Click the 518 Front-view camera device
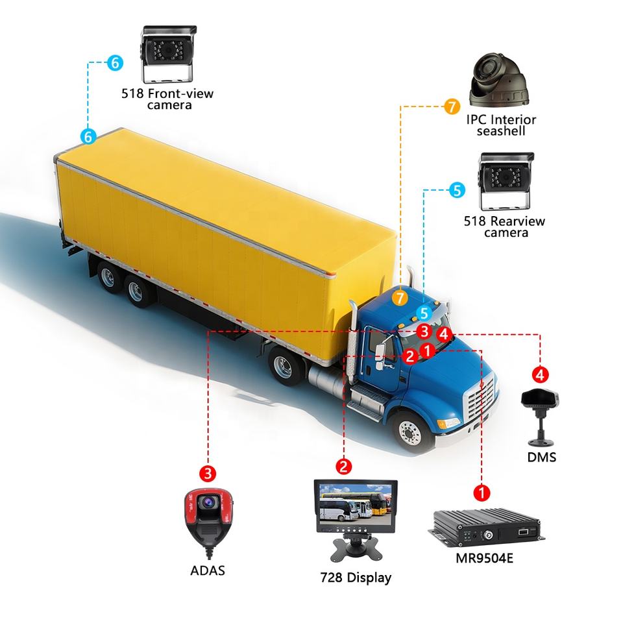[169, 54]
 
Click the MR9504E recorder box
[485, 528]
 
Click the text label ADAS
[208, 570]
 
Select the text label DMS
[541, 458]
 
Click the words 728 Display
[356, 577]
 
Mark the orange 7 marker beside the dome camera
[452, 106]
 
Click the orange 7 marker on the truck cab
[400, 298]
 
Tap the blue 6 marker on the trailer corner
[89, 136]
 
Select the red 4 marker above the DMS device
[540, 374]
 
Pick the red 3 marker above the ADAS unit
[207, 473]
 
